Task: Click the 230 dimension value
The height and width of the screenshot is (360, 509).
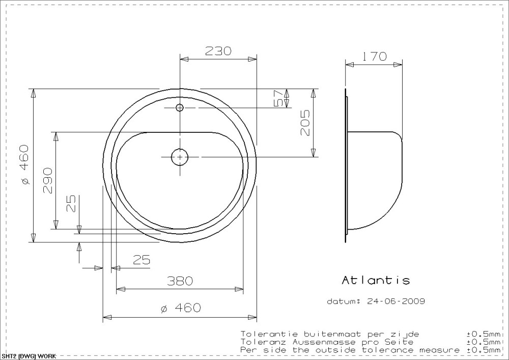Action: (x=218, y=50)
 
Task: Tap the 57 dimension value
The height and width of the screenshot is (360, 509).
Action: (x=278, y=98)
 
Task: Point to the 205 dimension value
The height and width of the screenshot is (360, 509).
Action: (x=305, y=123)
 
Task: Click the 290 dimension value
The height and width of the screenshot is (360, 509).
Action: (x=47, y=180)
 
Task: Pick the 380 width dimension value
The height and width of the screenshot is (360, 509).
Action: (x=180, y=281)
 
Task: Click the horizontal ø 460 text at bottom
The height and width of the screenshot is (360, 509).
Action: (x=181, y=308)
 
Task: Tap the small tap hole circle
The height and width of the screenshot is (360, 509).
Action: (x=180, y=107)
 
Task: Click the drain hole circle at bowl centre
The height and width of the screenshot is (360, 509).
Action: (x=180, y=157)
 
